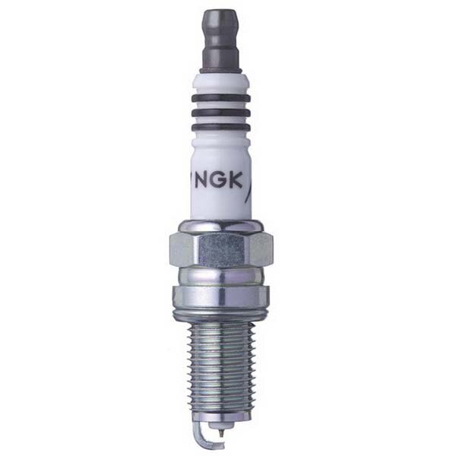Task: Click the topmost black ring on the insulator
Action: (x=221, y=97)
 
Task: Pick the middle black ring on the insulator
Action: (x=221, y=112)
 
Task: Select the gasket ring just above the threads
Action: (x=220, y=313)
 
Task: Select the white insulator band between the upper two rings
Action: (x=221, y=104)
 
